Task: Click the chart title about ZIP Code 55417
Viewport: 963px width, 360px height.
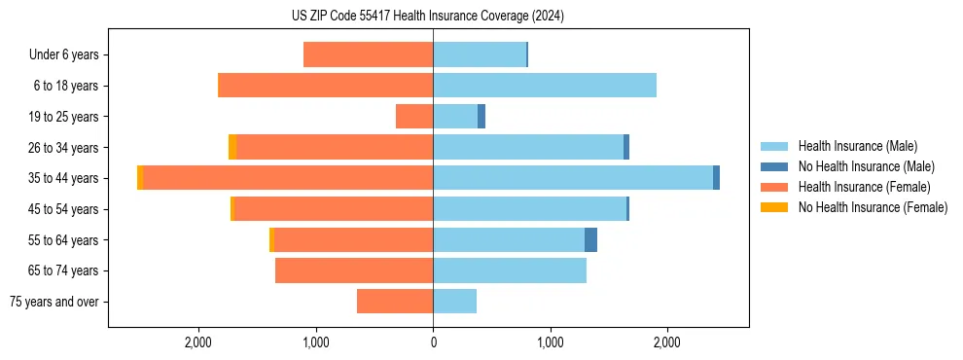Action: (x=481, y=16)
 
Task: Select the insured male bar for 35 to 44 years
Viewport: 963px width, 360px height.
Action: (x=573, y=178)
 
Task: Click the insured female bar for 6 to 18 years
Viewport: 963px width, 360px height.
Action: (x=325, y=86)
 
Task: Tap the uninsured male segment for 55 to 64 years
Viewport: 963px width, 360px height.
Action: (x=590, y=240)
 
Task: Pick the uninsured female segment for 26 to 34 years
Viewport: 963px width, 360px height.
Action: (x=232, y=147)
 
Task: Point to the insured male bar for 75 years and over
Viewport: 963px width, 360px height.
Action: (x=454, y=302)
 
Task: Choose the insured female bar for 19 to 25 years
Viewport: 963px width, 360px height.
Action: (x=414, y=117)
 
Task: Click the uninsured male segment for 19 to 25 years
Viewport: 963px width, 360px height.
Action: (x=481, y=117)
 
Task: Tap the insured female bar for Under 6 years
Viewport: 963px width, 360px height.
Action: (x=368, y=54)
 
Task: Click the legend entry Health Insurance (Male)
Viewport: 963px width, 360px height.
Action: (x=857, y=146)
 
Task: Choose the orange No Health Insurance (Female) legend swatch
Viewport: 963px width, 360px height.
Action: (x=774, y=207)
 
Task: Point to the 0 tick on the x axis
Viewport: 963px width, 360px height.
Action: (x=433, y=342)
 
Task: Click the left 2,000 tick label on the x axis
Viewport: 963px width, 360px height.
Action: (x=198, y=342)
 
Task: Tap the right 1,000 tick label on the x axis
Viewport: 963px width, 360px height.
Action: (x=551, y=342)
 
